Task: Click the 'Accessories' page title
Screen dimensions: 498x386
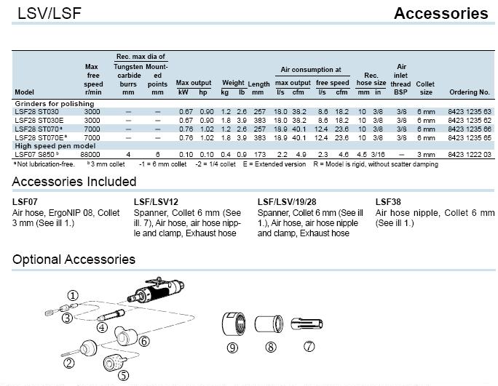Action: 440,14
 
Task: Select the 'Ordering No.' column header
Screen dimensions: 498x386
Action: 470,92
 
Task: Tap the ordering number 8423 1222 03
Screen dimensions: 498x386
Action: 470,154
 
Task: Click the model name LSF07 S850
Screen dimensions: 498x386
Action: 35,154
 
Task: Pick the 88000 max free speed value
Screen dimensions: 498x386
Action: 90,154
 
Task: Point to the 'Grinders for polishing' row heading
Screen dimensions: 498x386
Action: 55,104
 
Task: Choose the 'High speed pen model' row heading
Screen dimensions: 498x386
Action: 55,146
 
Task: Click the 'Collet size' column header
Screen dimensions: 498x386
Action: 425,88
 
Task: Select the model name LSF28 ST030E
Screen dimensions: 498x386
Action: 39,121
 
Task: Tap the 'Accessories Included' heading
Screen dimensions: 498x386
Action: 74,182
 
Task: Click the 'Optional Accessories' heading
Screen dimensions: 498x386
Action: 74,260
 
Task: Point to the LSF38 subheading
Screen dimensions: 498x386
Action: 388,202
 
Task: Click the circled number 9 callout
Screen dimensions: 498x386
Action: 232,347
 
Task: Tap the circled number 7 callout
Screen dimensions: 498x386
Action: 309,346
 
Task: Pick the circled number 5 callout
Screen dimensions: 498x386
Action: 124,376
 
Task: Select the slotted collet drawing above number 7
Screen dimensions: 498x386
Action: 307,323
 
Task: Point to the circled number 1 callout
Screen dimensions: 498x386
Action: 73,296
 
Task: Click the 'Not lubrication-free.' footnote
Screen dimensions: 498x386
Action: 44,164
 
